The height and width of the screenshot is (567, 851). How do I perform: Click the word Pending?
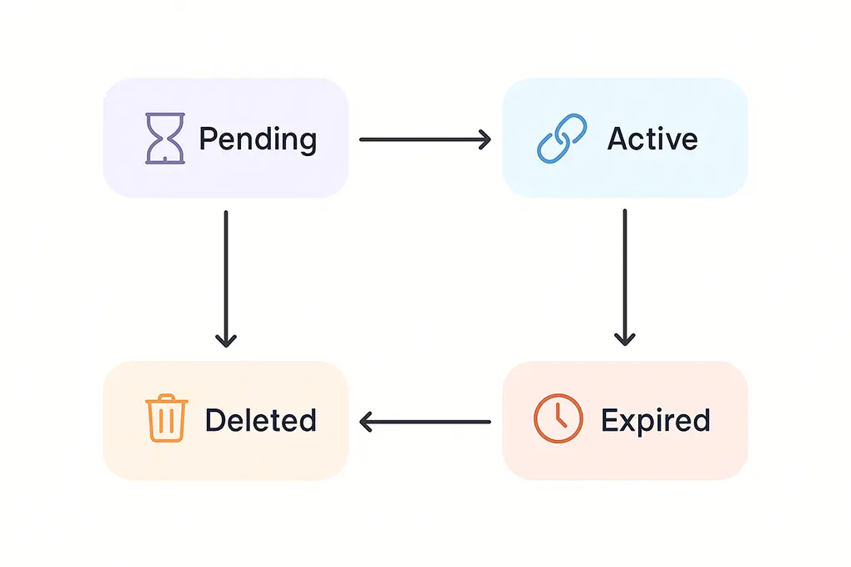tap(258, 139)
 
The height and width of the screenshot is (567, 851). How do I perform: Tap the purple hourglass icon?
tap(165, 139)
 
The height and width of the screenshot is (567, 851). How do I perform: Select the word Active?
tap(652, 139)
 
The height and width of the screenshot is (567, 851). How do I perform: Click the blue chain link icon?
tap(562, 139)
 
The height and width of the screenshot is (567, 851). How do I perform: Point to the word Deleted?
tap(261, 420)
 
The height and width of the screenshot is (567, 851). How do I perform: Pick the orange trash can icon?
tap(165, 420)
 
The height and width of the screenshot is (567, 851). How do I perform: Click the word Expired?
tap(656, 420)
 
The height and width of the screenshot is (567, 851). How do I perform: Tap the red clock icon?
tap(557, 419)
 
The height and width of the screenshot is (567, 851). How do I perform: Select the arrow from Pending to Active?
tap(424, 139)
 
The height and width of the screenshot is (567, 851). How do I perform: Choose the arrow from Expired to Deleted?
tap(424, 422)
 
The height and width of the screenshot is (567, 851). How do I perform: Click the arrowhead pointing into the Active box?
tap(485, 139)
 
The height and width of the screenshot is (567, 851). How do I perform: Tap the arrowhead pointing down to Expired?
tap(624, 340)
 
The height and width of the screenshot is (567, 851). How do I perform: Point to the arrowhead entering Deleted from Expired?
tap(366, 422)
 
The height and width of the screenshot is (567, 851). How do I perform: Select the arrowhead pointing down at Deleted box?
tap(225, 340)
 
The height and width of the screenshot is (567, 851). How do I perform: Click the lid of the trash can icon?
tap(165, 401)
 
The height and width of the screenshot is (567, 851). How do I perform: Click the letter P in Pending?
tap(207, 139)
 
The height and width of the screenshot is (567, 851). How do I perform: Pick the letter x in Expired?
tap(628, 422)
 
